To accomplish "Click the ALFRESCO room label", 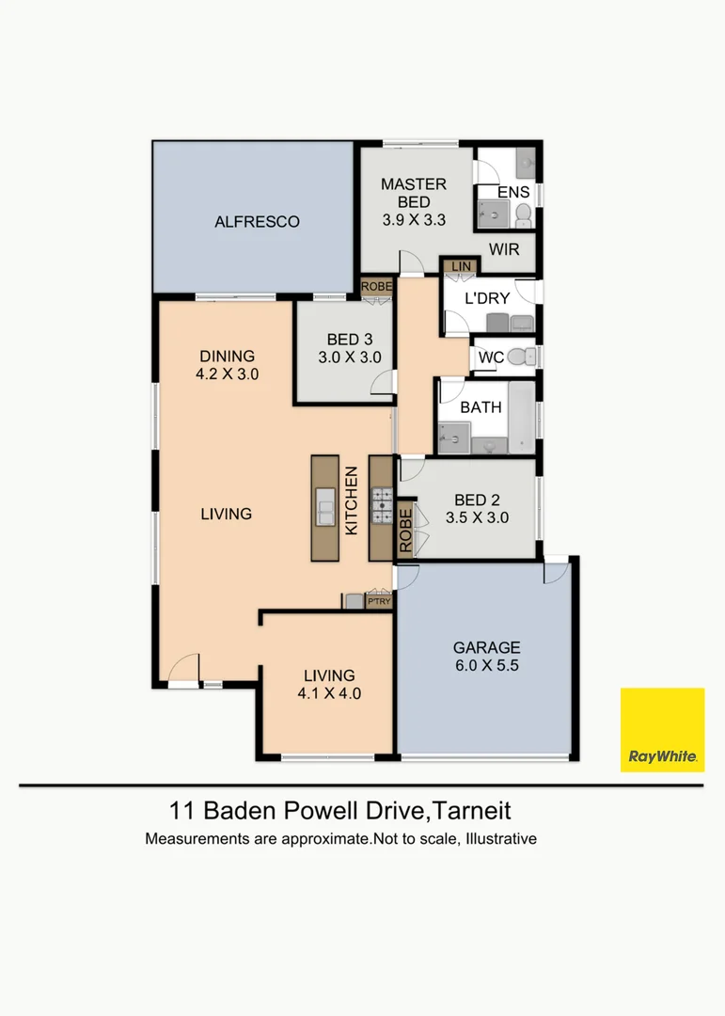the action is tap(257, 222).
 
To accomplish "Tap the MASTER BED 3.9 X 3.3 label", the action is tap(414, 202).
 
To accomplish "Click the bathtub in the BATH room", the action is tap(522, 418).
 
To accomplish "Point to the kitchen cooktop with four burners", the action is tap(382, 505).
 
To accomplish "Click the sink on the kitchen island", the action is tap(325, 506).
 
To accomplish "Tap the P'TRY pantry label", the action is tap(379, 601).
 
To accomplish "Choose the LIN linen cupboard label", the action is tap(462, 266).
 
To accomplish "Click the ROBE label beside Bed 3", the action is tap(376, 286).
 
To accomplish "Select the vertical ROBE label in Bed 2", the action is tap(405, 530).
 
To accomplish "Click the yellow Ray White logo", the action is tap(662, 730).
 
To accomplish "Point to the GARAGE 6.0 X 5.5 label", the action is tap(486, 657).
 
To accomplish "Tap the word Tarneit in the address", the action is tap(471, 811).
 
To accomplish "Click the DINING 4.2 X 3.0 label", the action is tap(227, 365).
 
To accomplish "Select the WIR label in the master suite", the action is tap(504, 249).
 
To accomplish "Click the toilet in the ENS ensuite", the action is tap(524, 215).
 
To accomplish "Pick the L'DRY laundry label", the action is tap(487, 299).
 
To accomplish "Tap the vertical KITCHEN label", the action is tap(351, 500).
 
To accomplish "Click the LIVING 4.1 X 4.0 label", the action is tap(329, 684).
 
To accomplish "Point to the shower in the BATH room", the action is tap(454, 437).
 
